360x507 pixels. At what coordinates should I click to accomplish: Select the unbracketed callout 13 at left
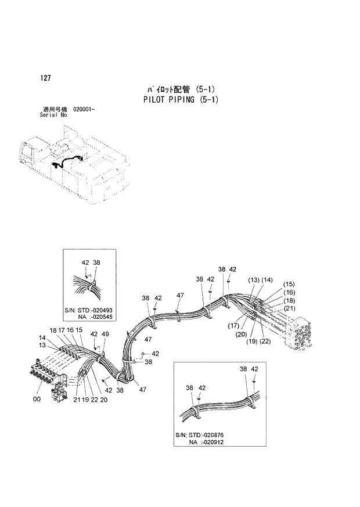(42, 345)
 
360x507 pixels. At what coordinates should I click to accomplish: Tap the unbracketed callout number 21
(76, 400)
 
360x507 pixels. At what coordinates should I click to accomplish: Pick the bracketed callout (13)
(254, 281)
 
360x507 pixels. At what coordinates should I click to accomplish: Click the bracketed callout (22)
(265, 341)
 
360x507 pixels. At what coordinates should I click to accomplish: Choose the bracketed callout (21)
(290, 308)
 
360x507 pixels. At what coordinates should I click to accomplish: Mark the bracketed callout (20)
(242, 334)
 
